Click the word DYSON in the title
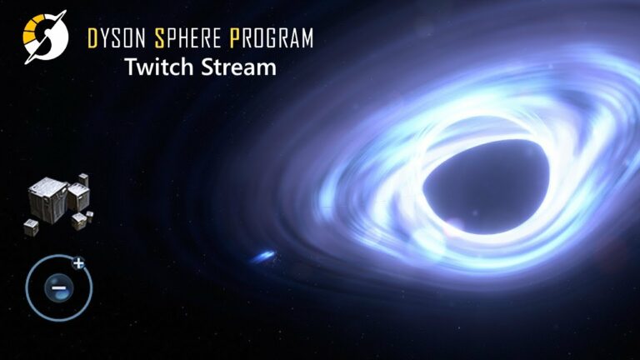click(117, 38)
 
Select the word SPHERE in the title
click(187, 38)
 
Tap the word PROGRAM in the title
click(272, 38)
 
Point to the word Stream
click(239, 67)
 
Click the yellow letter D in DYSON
click(92, 38)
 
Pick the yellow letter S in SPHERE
click(160, 38)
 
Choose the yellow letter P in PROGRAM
click(234, 38)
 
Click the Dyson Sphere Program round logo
click(45, 37)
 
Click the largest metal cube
click(47, 200)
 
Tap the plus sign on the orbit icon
click(78, 263)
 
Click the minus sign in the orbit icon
click(58, 287)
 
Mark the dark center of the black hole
click(486, 187)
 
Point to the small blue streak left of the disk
click(263, 257)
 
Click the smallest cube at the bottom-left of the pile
click(31, 227)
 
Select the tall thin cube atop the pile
click(83, 180)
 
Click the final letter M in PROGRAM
click(307, 38)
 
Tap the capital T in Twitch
click(132, 67)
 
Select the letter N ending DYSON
click(140, 38)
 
